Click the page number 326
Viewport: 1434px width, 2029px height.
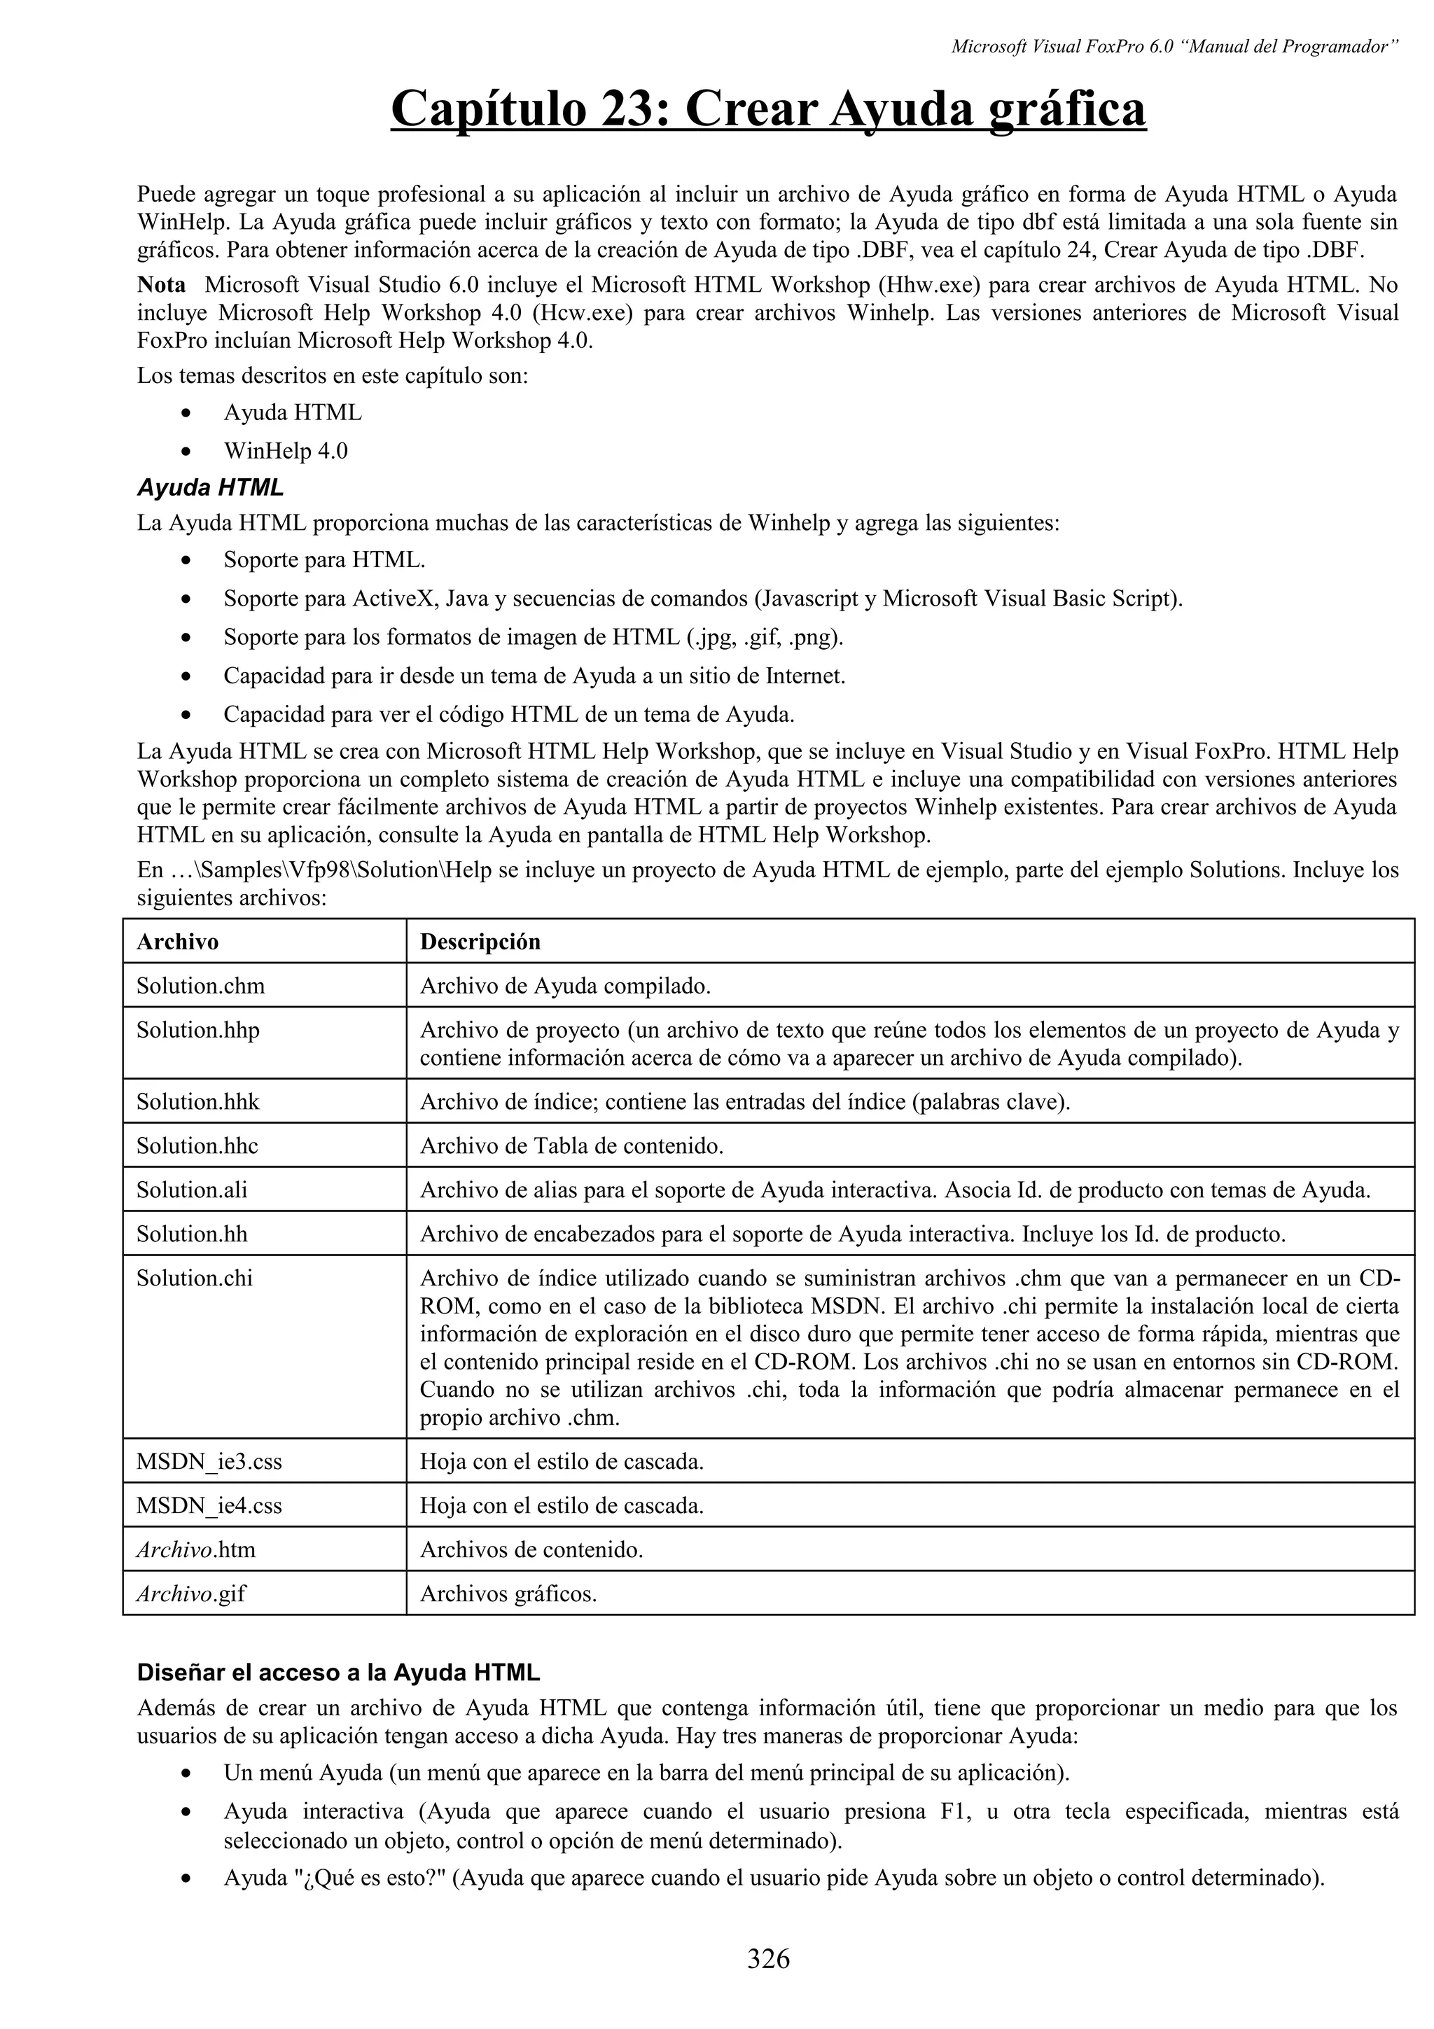tap(768, 1959)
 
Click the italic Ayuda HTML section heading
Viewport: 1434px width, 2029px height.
tap(210, 487)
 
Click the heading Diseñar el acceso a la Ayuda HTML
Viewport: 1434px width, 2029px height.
tap(338, 1673)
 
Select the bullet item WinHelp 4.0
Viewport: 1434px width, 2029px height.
tap(286, 451)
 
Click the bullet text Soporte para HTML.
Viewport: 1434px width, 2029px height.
tap(324, 559)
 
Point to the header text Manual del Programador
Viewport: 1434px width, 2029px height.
tap(1291, 47)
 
